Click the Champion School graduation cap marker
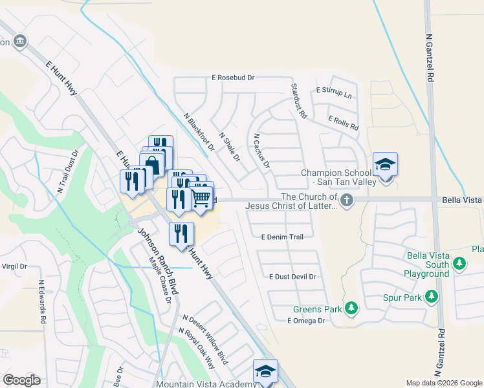[385, 164]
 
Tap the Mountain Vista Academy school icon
[265, 371]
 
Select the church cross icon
[347, 200]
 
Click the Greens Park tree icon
[351, 308]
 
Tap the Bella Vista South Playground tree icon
[459, 263]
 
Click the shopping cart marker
[202, 197]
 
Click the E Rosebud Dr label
[233, 78]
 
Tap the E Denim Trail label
[282, 237]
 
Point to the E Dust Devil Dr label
[292, 277]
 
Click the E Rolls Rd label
[343, 123]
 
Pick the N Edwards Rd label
[43, 302]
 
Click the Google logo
[21, 380]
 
